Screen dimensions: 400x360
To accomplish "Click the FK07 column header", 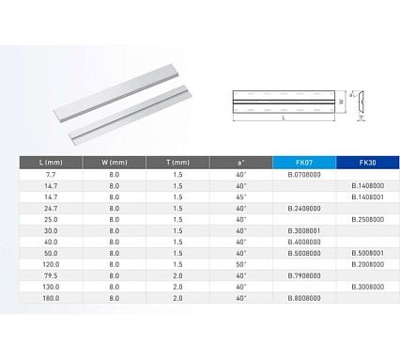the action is point(304,163).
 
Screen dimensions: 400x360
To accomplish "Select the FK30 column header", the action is point(368,163).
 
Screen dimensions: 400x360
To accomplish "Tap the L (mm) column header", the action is point(51,163).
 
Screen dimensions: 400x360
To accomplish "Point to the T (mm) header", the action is point(177,163).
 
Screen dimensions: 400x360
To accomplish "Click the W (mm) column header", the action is point(115,163).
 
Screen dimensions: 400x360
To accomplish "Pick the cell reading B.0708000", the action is point(304,175).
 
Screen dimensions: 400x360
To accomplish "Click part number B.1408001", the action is point(368,197).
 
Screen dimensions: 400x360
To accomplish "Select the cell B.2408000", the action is point(304,209).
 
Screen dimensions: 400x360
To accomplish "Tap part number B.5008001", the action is point(368,253).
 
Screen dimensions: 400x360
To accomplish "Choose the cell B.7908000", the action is point(304,275).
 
